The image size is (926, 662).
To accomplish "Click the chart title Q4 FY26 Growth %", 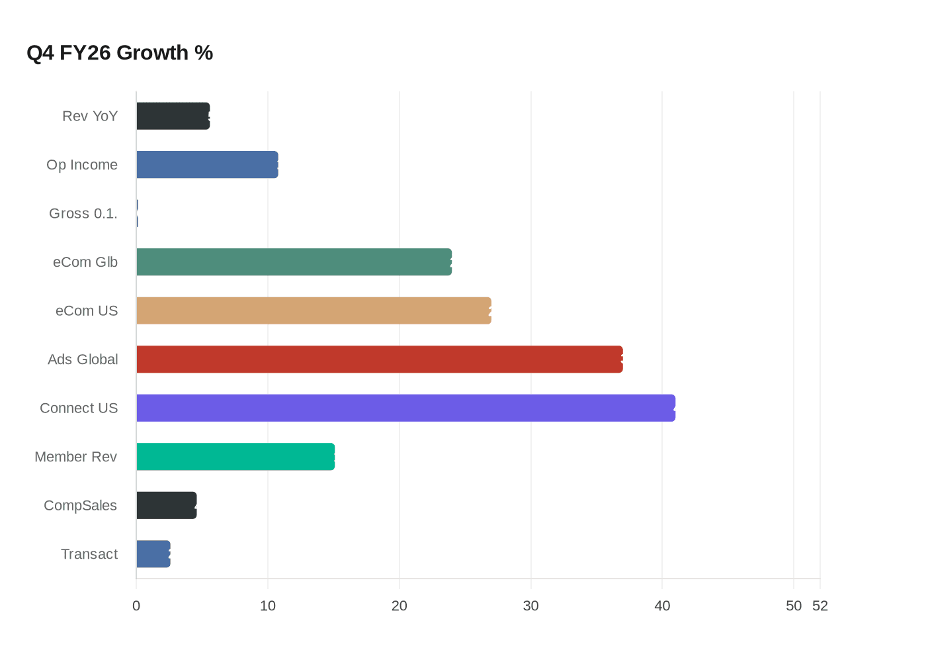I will (120, 53).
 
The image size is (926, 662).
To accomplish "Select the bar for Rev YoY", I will (173, 117).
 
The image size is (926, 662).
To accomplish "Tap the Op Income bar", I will (207, 165).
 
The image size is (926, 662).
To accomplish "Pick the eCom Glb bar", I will (294, 262).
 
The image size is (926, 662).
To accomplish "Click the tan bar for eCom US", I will (314, 310).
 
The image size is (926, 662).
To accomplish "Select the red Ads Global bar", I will (379, 359).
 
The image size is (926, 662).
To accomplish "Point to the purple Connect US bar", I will (405, 408).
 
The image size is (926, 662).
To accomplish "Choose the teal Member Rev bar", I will (235, 457).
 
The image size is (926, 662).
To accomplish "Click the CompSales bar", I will (166, 505).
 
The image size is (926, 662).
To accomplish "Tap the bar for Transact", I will (153, 554).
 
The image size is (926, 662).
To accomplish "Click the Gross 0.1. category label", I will (83, 214).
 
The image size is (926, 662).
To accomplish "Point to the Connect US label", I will (79, 408).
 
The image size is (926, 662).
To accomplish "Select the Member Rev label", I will (75, 457).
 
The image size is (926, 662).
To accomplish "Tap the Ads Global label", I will (83, 359).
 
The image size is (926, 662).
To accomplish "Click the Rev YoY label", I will (90, 117).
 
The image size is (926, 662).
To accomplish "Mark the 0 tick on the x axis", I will (136, 606).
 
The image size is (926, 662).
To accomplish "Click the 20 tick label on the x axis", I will (400, 606).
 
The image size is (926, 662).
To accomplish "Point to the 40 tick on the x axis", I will (662, 606).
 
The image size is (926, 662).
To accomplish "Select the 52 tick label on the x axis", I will (820, 606).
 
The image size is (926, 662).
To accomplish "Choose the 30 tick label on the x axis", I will (530, 606).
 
